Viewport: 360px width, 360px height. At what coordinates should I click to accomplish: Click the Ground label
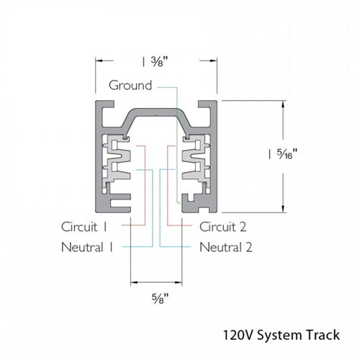tap(130, 85)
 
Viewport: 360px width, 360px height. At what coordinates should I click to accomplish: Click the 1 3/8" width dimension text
tap(157, 60)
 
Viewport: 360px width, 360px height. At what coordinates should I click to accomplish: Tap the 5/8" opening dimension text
tap(157, 297)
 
